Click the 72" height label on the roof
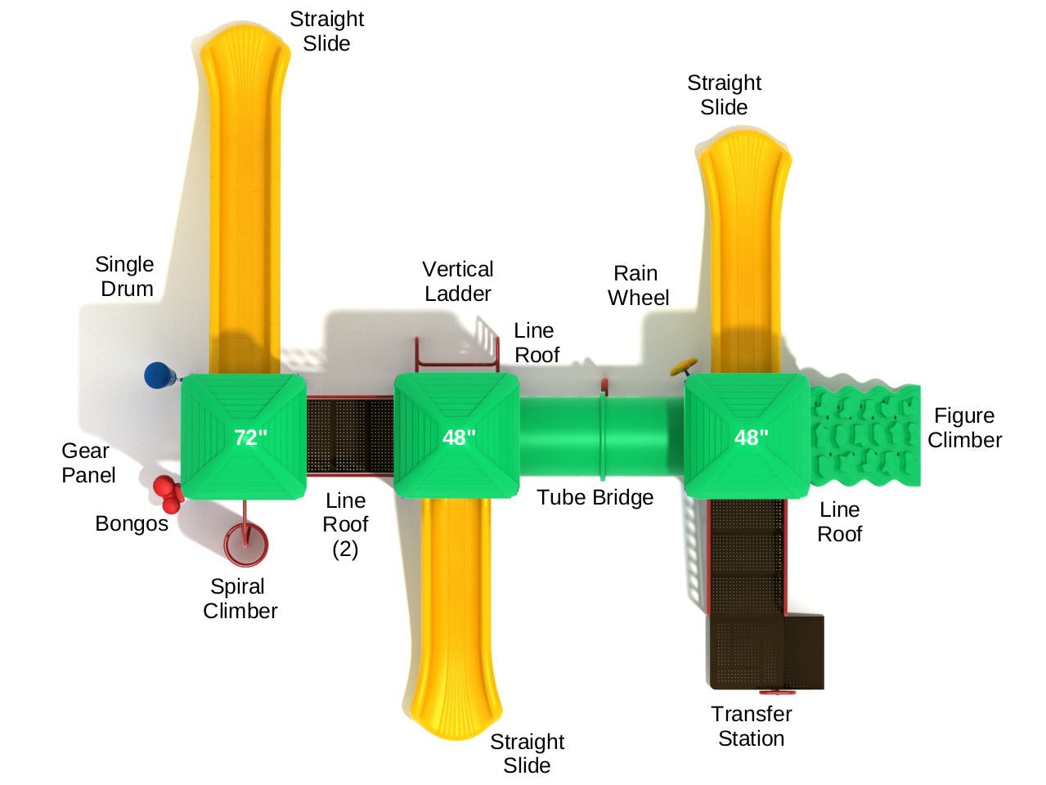tap(251, 437)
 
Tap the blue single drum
tap(159, 375)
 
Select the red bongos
tap(167, 493)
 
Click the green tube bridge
tap(601, 437)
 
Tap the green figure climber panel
tap(865, 436)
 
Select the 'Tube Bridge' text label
tap(595, 497)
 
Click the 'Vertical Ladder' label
tap(457, 281)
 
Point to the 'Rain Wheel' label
tap(638, 285)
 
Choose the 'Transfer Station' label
tap(751, 726)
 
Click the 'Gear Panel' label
tap(88, 463)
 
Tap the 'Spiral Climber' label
tap(240, 599)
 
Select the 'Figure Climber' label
tap(964, 428)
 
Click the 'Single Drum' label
tap(125, 276)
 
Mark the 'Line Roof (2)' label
tap(345, 524)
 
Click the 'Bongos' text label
tap(131, 523)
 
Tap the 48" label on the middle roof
tap(459, 437)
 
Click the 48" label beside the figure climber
tap(751, 437)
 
